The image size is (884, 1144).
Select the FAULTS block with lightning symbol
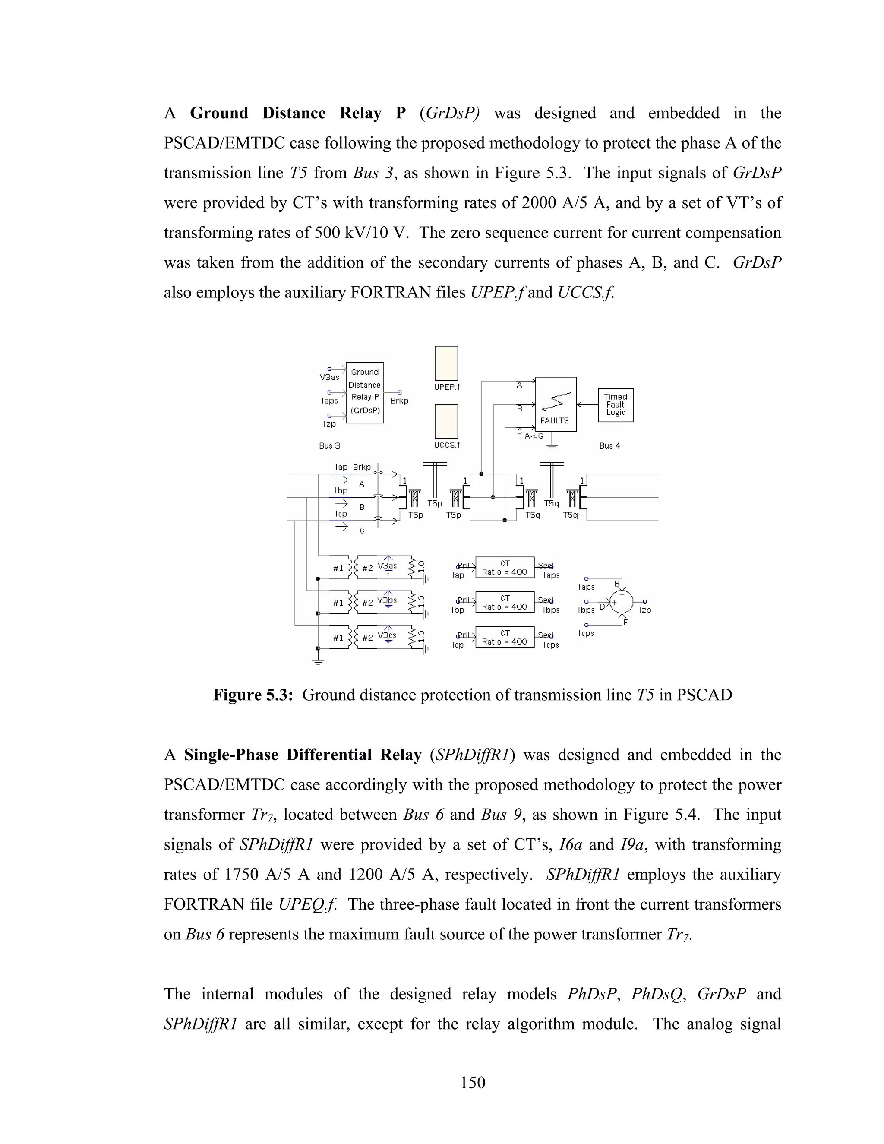[555, 404]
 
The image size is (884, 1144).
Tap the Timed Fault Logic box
[616, 405]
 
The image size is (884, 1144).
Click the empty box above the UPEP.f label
[446, 363]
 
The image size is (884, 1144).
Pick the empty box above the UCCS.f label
[446, 420]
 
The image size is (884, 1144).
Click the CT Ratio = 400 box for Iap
[504, 567]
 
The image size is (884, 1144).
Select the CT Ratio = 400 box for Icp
[504, 637]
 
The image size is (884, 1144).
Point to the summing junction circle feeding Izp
[621, 602]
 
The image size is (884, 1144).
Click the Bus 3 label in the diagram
[329, 446]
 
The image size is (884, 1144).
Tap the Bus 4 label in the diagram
[609, 446]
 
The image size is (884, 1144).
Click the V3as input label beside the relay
[329, 377]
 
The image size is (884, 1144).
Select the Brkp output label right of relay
[399, 401]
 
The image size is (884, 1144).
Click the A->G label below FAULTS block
[534, 436]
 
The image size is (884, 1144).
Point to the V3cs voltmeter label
[387, 635]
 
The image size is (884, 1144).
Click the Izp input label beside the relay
[329, 424]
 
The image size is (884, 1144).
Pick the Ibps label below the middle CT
[551, 610]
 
